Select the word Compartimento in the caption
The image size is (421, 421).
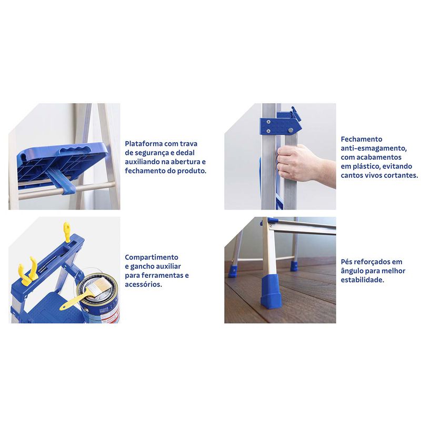pyautogui.click(x=152, y=257)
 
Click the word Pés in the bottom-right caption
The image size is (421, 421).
pyautogui.click(x=346, y=262)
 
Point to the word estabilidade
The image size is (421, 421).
pyautogui.click(x=363, y=280)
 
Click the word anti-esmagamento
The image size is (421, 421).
pyautogui.click(x=374, y=148)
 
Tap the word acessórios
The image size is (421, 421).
pyautogui.click(x=143, y=284)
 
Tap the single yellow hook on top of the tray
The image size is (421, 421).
pyautogui.click(x=67, y=232)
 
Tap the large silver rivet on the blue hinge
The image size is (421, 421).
pyautogui.click(x=290, y=130)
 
